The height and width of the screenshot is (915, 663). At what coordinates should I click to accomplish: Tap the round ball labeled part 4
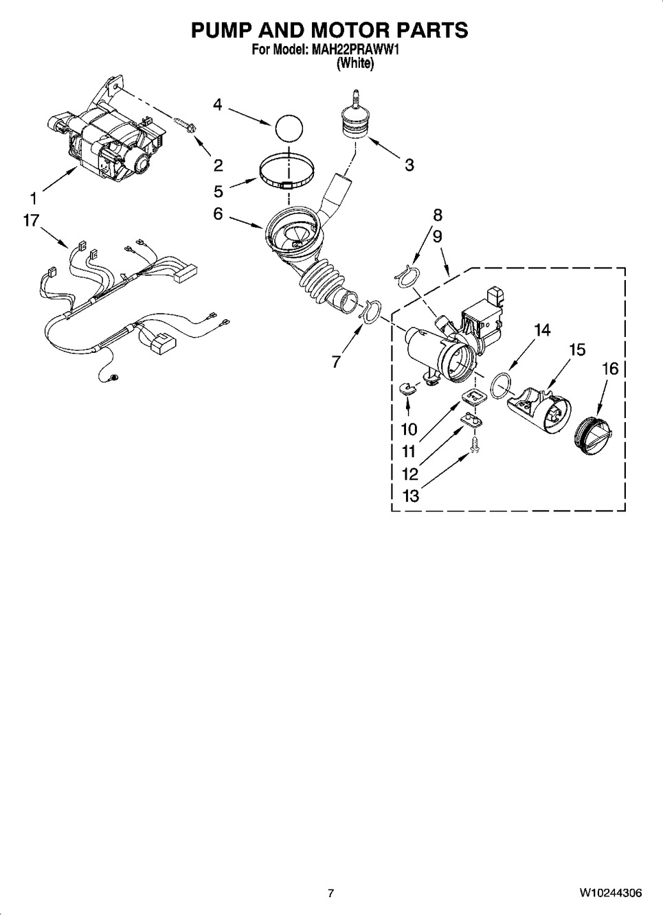(x=289, y=128)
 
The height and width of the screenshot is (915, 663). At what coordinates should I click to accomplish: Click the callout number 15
(x=576, y=350)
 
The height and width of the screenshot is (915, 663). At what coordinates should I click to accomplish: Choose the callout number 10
(x=409, y=430)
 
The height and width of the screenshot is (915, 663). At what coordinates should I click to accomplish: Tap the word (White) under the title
(x=355, y=64)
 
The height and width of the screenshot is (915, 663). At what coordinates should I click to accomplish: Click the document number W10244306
(x=611, y=893)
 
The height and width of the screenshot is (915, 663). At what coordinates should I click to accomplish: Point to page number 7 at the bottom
(x=330, y=893)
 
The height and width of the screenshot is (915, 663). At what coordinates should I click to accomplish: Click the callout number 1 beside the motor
(x=32, y=198)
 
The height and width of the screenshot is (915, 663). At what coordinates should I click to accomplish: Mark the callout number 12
(x=409, y=474)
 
